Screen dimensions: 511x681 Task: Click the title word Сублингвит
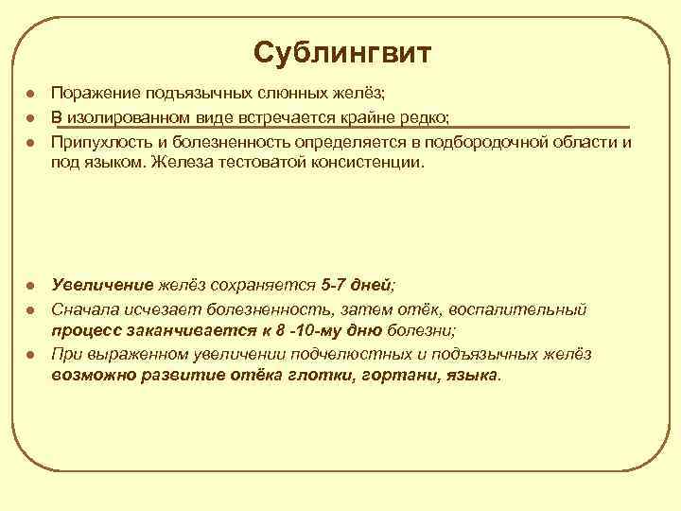[341, 52]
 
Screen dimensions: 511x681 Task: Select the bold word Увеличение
[102, 284]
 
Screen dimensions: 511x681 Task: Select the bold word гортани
[385, 375]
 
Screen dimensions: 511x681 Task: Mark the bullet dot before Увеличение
[30, 285]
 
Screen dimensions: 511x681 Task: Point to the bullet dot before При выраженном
[30, 355]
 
